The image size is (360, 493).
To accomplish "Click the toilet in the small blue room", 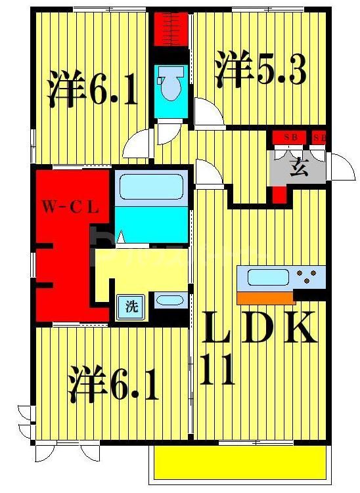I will [171, 88].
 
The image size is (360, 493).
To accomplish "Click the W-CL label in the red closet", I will [72, 209].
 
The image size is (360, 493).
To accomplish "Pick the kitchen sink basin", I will [264, 276].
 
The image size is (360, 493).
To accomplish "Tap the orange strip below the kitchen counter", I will [265, 299].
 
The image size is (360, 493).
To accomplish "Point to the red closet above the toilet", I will [171, 28].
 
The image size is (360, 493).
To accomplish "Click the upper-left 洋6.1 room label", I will [93, 90].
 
